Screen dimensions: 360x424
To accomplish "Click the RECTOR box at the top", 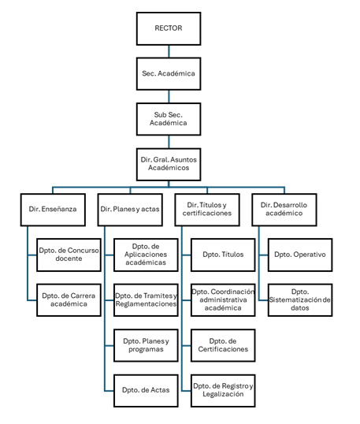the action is [x=169, y=28].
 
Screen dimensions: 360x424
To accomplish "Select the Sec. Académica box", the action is [x=169, y=73].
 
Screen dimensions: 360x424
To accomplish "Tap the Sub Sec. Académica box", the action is [x=169, y=119].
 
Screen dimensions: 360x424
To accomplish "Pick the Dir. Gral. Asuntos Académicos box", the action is [x=169, y=164].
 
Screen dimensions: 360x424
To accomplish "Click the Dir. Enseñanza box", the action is [x=53, y=210].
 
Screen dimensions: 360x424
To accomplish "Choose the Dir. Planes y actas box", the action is [x=130, y=210].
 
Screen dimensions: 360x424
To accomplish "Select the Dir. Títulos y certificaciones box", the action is [x=207, y=210].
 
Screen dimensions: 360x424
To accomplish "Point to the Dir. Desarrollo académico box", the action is [x=284, y=210].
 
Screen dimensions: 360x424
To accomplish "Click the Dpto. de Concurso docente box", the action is [x=69, y=255].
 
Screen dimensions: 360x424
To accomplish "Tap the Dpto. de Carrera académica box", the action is [x=69, y=300].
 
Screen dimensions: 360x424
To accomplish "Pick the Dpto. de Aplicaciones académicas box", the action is [x=146, y=255].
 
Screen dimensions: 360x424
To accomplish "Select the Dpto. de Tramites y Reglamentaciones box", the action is [x=146, y=300].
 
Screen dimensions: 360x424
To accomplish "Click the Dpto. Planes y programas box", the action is [x=146, y=345].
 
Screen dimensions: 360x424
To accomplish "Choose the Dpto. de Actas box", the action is [x=146, y=390].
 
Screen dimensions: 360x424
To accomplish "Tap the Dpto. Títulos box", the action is [x=223, y=255].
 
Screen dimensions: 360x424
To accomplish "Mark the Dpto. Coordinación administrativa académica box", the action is [x=223, y=300].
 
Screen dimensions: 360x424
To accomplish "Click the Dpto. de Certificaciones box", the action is [x=223, y=345].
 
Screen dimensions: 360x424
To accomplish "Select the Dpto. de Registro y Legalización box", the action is [x=223, y=390].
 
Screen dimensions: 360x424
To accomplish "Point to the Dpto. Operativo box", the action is [x=300, y=255].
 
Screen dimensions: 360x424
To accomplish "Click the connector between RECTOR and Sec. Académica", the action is [x=169, y=51].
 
